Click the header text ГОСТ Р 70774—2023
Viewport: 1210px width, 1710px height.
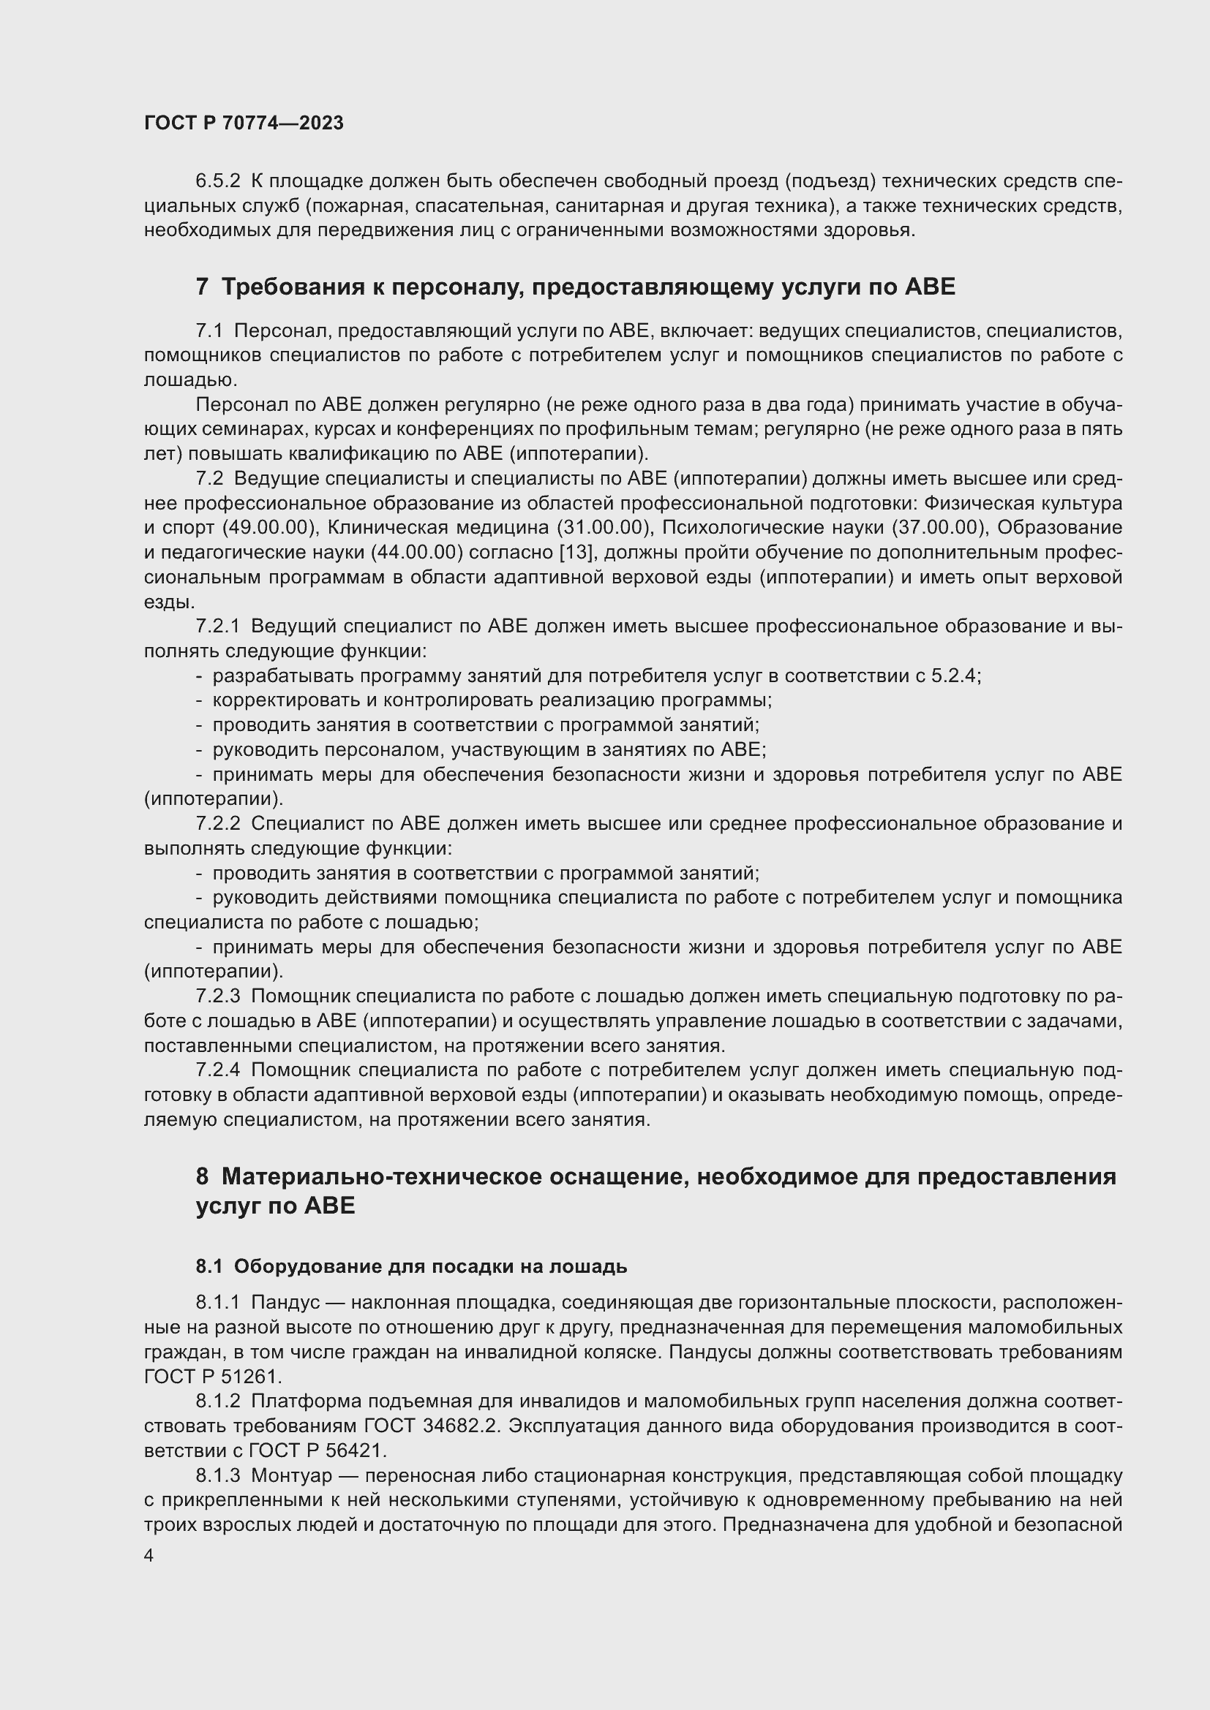244,123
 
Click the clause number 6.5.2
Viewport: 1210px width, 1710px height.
217,181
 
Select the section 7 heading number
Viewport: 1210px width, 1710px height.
202,287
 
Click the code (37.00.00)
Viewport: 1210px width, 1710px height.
938,528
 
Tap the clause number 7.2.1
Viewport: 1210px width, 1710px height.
217,627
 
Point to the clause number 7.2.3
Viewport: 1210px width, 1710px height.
217,996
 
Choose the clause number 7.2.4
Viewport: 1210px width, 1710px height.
217,1070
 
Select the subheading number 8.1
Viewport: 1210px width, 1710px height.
208,1266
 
